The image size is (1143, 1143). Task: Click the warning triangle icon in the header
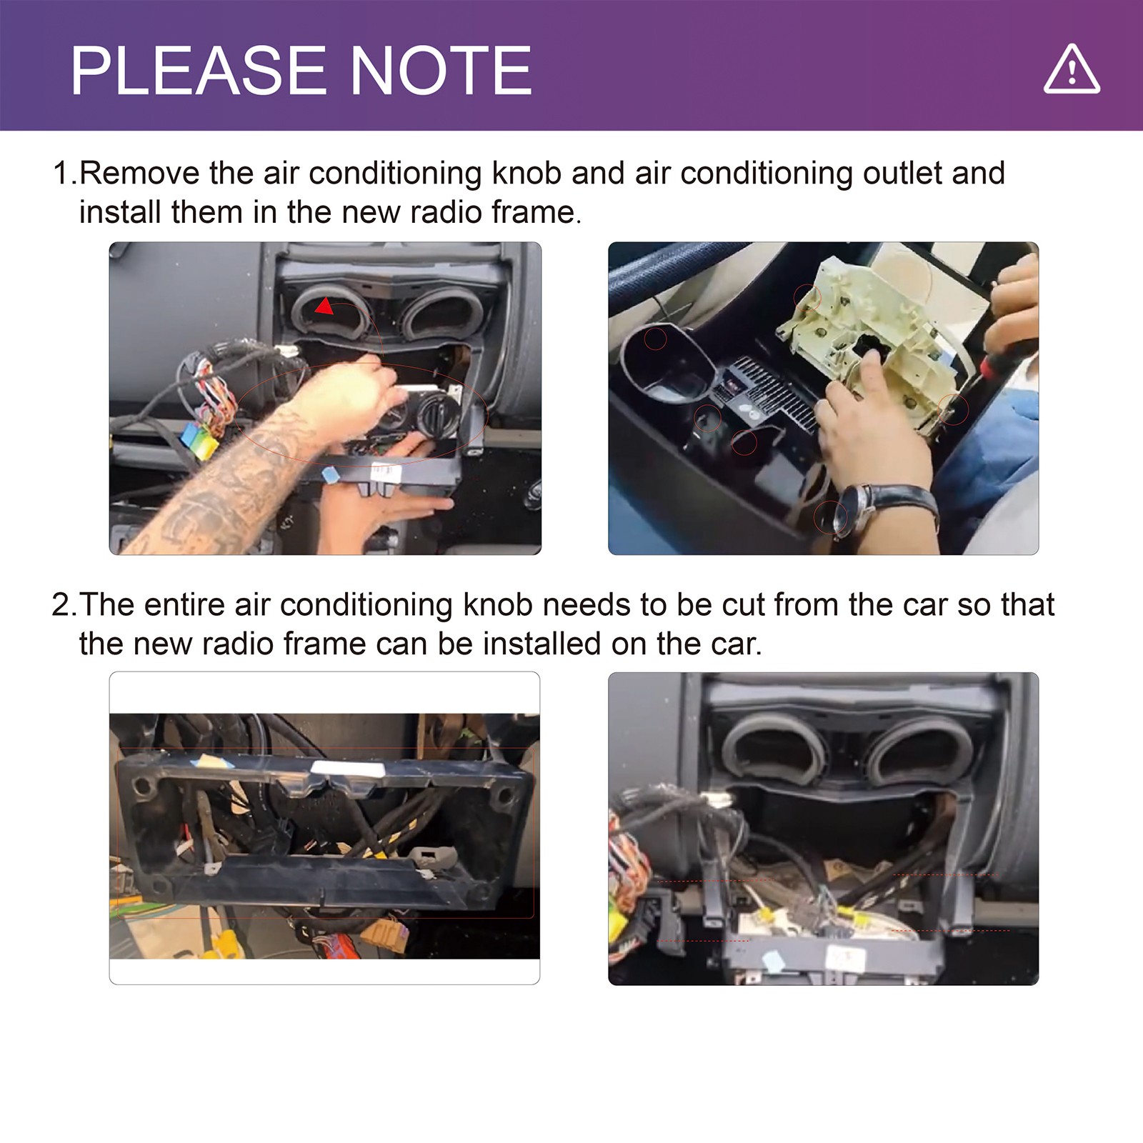click(x=1072, y=69)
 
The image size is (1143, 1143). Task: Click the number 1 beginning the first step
click(x=61, y=174)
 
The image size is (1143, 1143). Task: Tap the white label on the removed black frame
click(x=348, y=769)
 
